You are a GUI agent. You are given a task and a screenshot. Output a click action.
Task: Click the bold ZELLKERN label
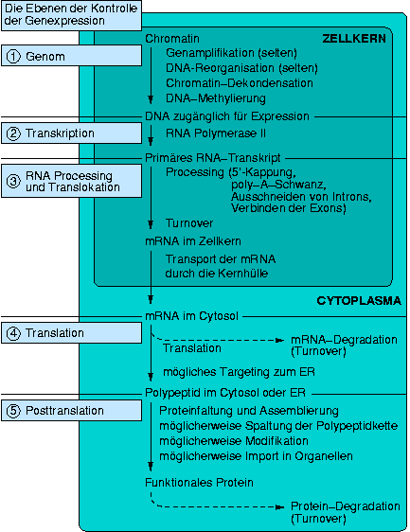[x=354, y=39]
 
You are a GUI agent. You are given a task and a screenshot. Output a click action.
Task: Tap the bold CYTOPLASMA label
[x=359, y=301]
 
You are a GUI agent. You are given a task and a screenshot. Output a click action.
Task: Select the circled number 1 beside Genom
[x=13, y=56]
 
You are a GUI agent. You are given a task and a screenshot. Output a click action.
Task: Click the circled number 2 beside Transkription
[x=13, y=133]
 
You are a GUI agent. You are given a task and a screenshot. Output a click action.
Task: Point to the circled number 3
[x=13, y=181]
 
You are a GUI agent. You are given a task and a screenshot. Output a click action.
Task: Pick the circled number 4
[x=13, y=333]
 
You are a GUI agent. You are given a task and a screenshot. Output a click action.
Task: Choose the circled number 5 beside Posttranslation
[x=13, y=411]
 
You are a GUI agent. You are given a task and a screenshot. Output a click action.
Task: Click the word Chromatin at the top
[x=172, y=39]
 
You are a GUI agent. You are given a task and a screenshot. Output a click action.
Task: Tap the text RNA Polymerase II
[x=216, y=133]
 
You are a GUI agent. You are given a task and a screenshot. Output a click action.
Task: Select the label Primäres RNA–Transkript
[x=213, y=158]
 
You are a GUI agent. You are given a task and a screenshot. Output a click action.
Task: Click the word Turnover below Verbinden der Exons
[x=189, y=223]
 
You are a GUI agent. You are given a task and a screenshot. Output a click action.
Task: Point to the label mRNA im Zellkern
[x=193, y=241]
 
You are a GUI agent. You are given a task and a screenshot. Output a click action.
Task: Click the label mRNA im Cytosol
[x=192, y=316]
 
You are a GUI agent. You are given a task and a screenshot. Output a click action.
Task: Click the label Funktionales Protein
[x=199, y=483]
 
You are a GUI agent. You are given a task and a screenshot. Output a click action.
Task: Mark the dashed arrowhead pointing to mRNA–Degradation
[x=279, y=340]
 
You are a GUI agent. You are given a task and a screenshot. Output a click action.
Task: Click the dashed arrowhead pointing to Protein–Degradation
[x=279, y=507]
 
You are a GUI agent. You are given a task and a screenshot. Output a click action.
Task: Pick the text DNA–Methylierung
[x=216, y=98]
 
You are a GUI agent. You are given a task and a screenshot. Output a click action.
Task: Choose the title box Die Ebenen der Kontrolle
[x=71, y=15]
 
